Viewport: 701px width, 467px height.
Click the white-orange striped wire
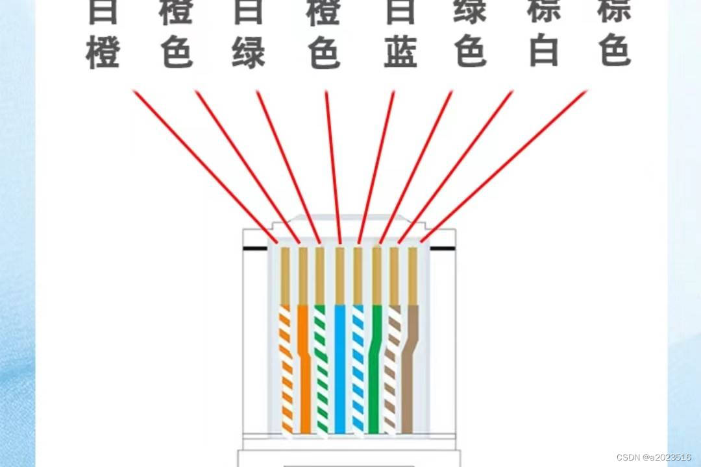coord(286,370)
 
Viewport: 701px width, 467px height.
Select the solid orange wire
coord(304,370)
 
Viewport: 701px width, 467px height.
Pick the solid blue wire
coord(339,370)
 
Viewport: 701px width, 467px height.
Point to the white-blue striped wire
coord(357,370)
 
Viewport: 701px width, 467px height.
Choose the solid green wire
coord(375,370)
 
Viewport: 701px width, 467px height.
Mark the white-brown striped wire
coord(391,370)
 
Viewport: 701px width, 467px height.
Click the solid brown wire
coord(409,370)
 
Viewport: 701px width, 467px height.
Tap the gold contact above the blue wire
coord(339,276)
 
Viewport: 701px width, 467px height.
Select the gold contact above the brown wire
coord(412,276)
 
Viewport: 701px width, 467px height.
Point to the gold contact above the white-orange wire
coord(284,276)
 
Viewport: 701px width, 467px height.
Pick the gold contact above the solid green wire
coord(376,276)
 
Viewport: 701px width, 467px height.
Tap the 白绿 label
coord(249,32)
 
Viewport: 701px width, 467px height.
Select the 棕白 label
coord(544,32)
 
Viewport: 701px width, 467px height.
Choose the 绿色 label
coord(471,32)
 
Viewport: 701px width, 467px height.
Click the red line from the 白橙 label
coord(201,162)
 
